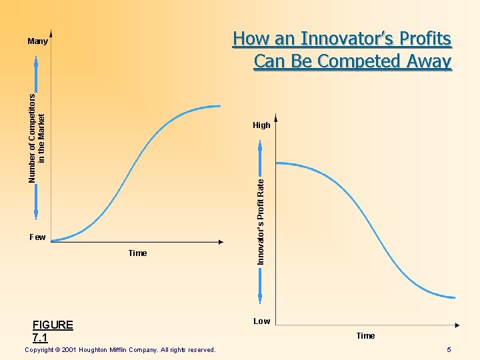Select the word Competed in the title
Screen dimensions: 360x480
point(358,61)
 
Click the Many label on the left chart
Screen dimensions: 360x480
point(37,41)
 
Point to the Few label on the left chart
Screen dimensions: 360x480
point(37,237)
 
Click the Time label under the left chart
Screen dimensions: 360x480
point(137,253)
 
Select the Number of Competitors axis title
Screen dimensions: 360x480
point(37,138)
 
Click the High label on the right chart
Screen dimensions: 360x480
point(261,125)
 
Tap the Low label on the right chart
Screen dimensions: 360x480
point(261,321)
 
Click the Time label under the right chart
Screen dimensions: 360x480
point(365,336)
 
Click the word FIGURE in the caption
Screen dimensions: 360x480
point(53,325)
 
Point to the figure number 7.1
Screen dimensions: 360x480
point(40,338)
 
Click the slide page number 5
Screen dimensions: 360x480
point(449,350)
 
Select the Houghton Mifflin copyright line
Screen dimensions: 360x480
point(119,350)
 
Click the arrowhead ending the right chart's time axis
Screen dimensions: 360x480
point(457,325)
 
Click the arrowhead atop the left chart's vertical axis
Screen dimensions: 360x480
point(51,33)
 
